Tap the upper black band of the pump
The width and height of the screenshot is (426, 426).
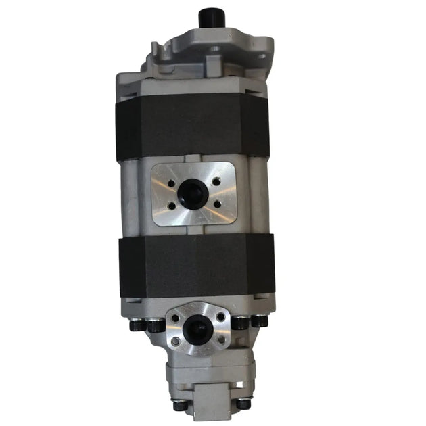(x=193, y=126)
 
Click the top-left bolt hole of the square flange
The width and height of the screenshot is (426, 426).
(x=171, y=182)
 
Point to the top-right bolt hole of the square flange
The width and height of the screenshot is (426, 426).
(x=216, y=181)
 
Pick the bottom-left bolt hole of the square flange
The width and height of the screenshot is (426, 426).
(x=171, y=206)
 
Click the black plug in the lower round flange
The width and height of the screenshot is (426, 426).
(x=197, y=329)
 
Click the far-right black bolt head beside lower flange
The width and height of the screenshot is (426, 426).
(x=260, y=322)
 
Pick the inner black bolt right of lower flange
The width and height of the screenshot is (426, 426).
(x=241, y=323)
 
